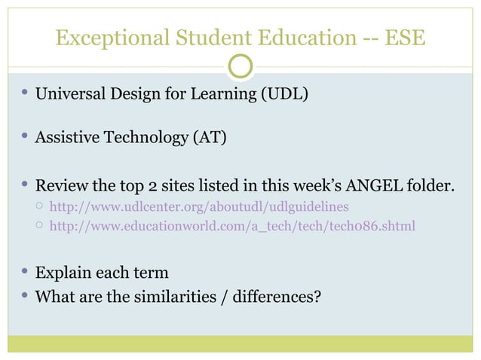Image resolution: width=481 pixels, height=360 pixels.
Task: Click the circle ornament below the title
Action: point(240,67)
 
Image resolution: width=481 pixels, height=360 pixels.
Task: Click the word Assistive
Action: point(68,139)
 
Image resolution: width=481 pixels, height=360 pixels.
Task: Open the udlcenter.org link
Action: point(198,206)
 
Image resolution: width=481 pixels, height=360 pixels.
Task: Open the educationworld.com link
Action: point(231,224)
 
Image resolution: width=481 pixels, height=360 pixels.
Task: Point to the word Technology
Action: point(146,139)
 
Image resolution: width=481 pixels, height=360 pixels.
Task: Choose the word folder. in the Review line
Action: point(432,185)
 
